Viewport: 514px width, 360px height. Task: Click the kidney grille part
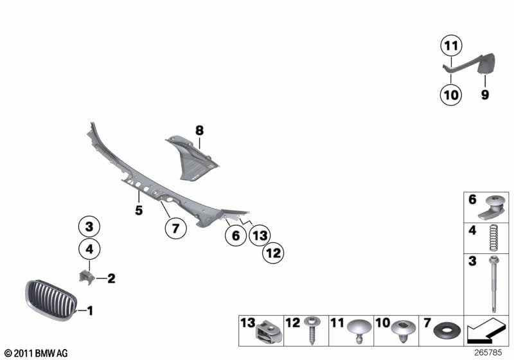(51, 300)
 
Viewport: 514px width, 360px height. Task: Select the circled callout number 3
(89, 226)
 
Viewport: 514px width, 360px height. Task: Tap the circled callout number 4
(89, 249)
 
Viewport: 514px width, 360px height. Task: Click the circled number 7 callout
(175, 228)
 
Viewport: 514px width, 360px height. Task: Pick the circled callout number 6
(236, 235)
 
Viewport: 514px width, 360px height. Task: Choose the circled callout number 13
(260, 235)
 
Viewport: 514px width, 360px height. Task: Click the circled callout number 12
(274, 253)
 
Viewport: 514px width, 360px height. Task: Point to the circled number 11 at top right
(451, 46)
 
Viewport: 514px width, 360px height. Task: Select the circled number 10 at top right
(451, 94)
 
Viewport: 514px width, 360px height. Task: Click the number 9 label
(485, 94)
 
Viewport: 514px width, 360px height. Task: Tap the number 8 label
(199, 130)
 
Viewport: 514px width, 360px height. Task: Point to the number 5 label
(139, 210)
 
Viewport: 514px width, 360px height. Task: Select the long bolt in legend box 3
(494, 283)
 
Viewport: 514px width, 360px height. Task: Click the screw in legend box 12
(310, 330)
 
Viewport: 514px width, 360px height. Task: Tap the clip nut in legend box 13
(269, 332)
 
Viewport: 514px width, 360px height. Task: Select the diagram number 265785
(488, 352)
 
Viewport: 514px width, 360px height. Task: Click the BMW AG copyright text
(36, 353)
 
